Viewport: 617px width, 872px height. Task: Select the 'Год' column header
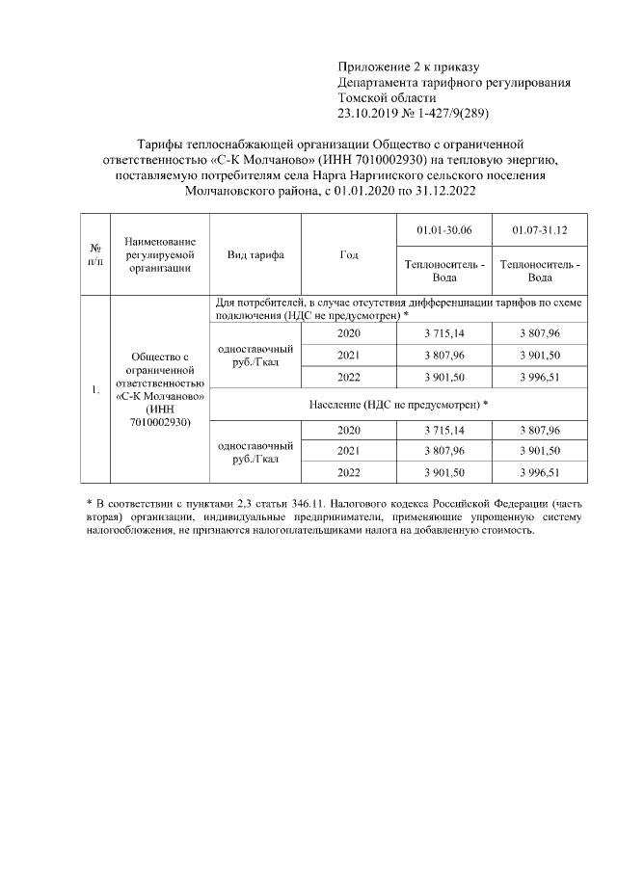(350, 255)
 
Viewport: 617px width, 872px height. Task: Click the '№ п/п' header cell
(96, 255)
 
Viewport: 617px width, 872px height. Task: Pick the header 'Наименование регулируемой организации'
(160, 255)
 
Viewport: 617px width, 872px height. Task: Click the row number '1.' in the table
(96, 389)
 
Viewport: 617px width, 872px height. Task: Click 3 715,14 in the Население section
(443, 430)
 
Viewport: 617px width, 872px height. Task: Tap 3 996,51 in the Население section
(539, 472)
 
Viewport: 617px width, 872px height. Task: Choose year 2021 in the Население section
(350, 451)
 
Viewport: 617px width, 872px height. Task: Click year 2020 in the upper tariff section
(350, 333)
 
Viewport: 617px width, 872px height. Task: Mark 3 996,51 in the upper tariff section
(539, 377)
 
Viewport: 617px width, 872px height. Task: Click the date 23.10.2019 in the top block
(365, 114)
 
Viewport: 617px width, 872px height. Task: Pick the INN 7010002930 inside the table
(160, 422)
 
